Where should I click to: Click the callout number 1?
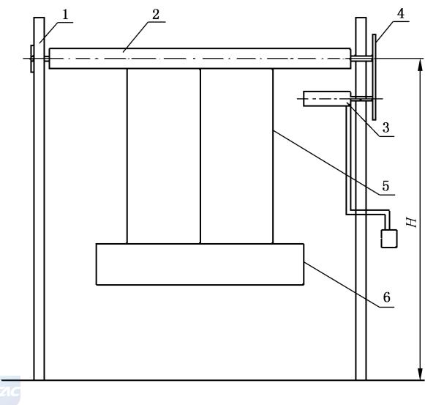[65, 15]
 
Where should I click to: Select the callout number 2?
[156, 15]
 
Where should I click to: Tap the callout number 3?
[386, 127]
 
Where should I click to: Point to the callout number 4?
[401, 14]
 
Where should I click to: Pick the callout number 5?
[385, 186]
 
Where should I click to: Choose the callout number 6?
[387, 297]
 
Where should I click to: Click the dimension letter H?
[411, 223]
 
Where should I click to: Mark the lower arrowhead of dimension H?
[420, 374]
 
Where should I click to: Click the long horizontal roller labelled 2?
[200, 59]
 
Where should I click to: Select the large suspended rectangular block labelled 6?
[200, 264]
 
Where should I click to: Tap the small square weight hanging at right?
[389, 239]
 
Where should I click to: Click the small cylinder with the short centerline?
[327, 99]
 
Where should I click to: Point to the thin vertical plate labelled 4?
[374, 77]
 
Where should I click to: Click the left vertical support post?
[39, 198]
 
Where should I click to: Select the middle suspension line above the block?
[200, 156]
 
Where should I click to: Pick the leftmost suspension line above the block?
[127, 156]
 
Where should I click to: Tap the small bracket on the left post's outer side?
[32, 59]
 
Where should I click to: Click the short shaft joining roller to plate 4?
[361, 59]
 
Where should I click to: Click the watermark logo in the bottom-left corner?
[10, 390]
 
